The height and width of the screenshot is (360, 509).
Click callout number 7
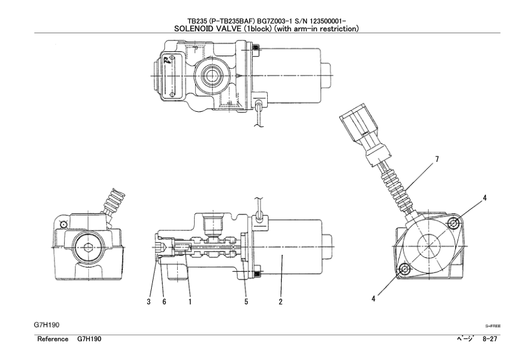pyautogui.click(x=437, y=159)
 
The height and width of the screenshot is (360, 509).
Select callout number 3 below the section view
pyautogui.click(x=149, y=302)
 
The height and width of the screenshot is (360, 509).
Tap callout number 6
pyautogui.click(x=164, y=302)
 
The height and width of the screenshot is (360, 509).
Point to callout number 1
pyautogui.click(x=190, y=302)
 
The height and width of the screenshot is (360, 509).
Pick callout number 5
pyautogui.click(x=247, y=302)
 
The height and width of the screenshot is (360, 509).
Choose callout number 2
pyautogui.click(x=280, y=302)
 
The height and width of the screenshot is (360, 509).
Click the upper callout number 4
pyautogui.click(x=485, y=198)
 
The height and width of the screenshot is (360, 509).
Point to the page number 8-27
pyautogui.click(x=490, y=339)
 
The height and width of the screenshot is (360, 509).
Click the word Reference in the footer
pyautogui.click(x=53, y=339)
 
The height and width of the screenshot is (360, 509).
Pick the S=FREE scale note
pyautogui.click(x=493, y=326)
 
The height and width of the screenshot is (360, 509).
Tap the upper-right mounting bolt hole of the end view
pyautogui.click(x=454, y=224)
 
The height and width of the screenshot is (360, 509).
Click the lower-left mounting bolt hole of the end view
pyautogui.click(x=404, y=269)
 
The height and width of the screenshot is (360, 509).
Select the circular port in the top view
pyautogui.click(x=212, y=76)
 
